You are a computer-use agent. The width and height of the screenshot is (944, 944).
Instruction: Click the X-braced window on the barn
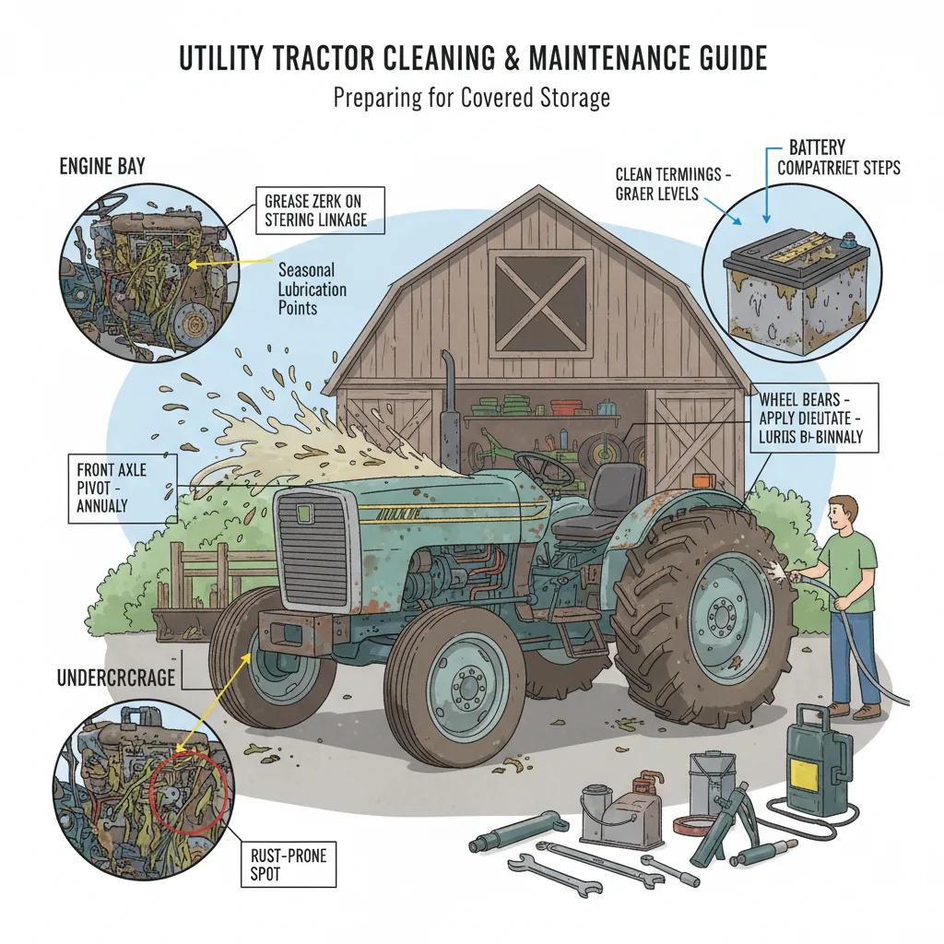539,301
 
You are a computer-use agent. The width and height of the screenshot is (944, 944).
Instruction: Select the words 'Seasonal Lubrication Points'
311,289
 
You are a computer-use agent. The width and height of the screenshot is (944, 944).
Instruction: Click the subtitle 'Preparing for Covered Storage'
471,98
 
